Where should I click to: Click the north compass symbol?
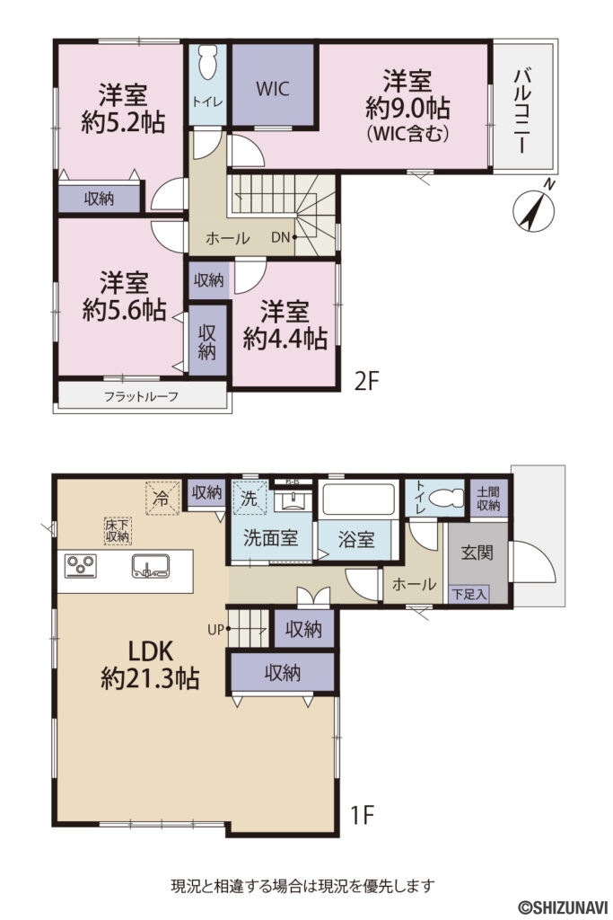pyautogui.click(x=531, y=209)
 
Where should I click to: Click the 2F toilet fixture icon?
pyautogui.click(x=207, y=65)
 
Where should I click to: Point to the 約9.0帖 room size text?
pyautogui.click(x=407, y=109)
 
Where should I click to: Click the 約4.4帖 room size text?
pyautogui.click(x=285, y=338)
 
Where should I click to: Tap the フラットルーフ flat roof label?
pyautogui.click(x=141, y=396)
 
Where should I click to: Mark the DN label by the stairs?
pyautogui.click(x=281, y=237)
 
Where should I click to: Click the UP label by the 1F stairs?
pyautogui.click(x=215, y=630)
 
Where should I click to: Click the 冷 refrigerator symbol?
pyautogui.click(x=162, y=495)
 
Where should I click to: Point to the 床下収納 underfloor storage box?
pyautogui.click(x=118, y=530)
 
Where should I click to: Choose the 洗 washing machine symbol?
pyautogui.click(x=248, y=498)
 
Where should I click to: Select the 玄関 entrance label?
pyautogui.click(x=477, y=553)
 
